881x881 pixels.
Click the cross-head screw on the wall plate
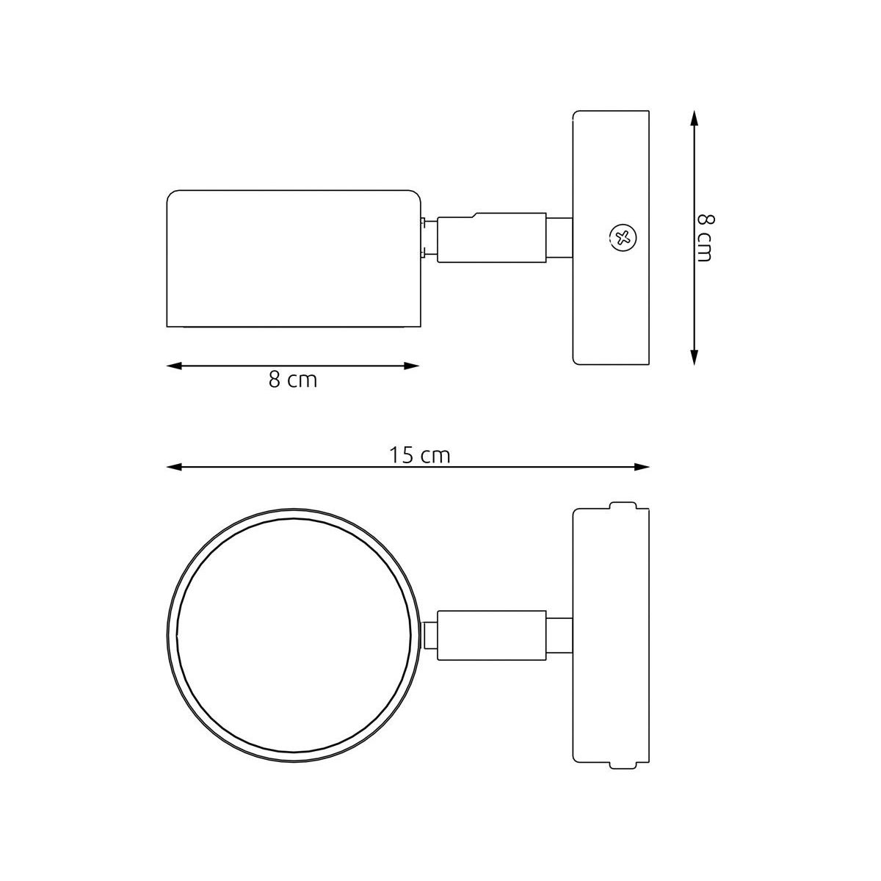(623, 237)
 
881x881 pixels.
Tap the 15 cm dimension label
(419, 455)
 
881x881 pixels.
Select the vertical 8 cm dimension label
(705, 238)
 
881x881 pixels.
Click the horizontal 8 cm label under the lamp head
(293, 380)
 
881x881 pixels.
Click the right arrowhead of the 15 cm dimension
(642, 467)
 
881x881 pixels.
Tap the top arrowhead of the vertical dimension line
(694, 118)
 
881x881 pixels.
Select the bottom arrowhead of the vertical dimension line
(694, 357)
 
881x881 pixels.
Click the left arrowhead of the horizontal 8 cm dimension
(174, 366)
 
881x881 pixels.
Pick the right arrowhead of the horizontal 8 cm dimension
(411, 366)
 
